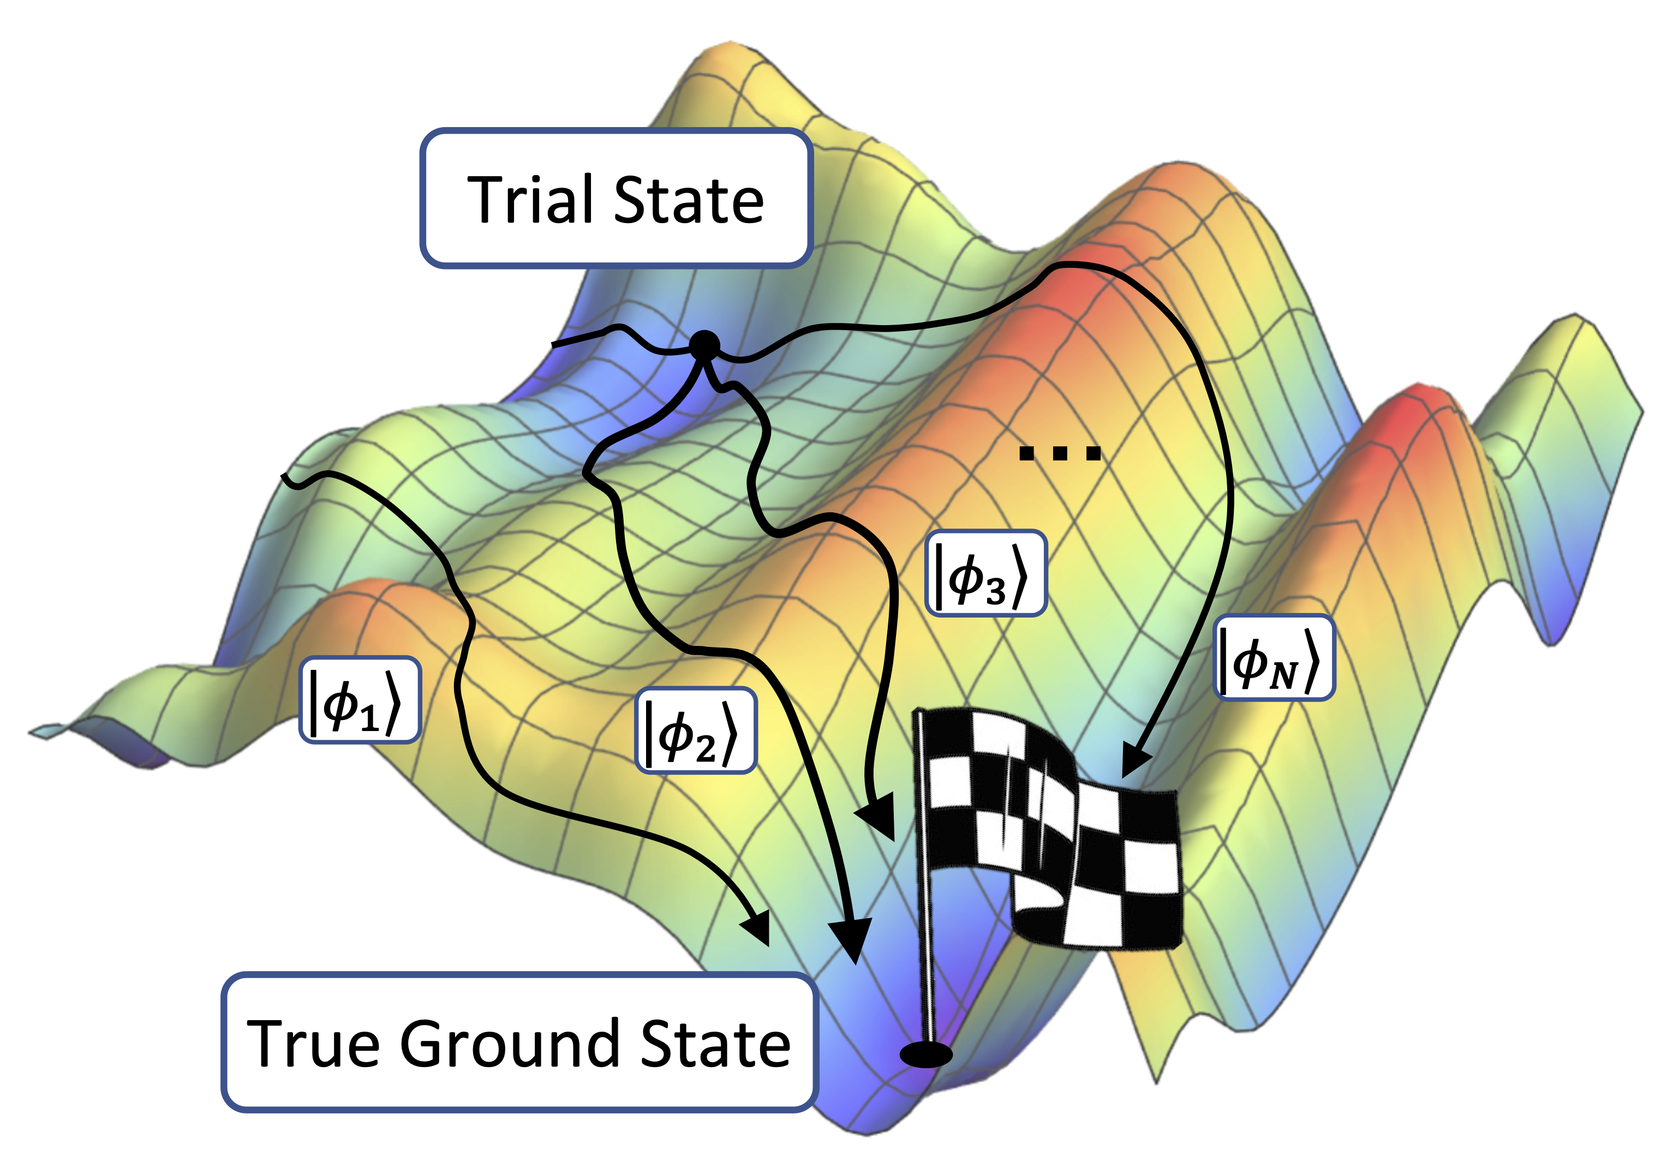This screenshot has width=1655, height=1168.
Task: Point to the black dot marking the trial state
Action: (x=704, y=346)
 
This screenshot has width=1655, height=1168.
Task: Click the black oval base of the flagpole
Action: (x=925, y=1054)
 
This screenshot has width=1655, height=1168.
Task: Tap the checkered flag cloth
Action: (x=1053, y=829)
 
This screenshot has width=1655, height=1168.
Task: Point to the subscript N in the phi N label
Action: (x=1283, y=676)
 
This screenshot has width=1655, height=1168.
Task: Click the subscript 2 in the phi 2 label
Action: (x=705, y=751)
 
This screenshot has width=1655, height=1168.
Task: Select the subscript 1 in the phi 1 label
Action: (x=369, y=719)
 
